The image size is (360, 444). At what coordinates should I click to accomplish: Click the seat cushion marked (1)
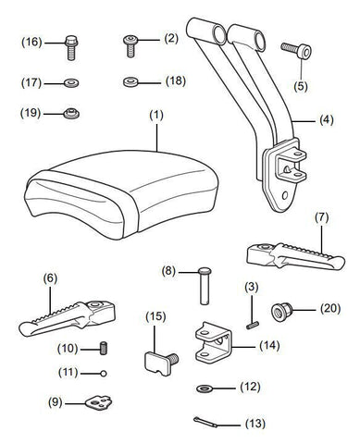pos(122,194)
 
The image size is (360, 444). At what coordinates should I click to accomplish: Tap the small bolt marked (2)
pos(130,46)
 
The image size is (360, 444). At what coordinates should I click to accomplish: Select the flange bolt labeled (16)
pos(71,48)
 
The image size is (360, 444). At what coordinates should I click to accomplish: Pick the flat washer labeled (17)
pos(71,83)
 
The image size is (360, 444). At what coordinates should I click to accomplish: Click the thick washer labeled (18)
pos(130,82)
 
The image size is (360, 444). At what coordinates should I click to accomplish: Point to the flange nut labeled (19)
pos(71,114)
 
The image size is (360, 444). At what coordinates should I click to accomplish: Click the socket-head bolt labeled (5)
pos(296,50)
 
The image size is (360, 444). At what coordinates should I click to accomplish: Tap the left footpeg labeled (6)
pos(68,319)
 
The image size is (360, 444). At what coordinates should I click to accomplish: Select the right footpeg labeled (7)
pos(295,256)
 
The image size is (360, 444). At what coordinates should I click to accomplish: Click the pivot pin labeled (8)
pos(204,286)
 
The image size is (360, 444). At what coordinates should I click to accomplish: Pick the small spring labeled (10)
pos(105,349)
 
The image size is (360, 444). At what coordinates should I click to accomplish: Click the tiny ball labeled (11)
pos(104,374)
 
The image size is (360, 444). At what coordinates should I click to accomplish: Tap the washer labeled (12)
pos(204,388)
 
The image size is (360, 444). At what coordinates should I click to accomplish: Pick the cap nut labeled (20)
pos(281,312)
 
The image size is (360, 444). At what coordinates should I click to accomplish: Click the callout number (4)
pos(327,119)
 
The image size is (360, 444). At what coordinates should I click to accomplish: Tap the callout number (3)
pos(252,288)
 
